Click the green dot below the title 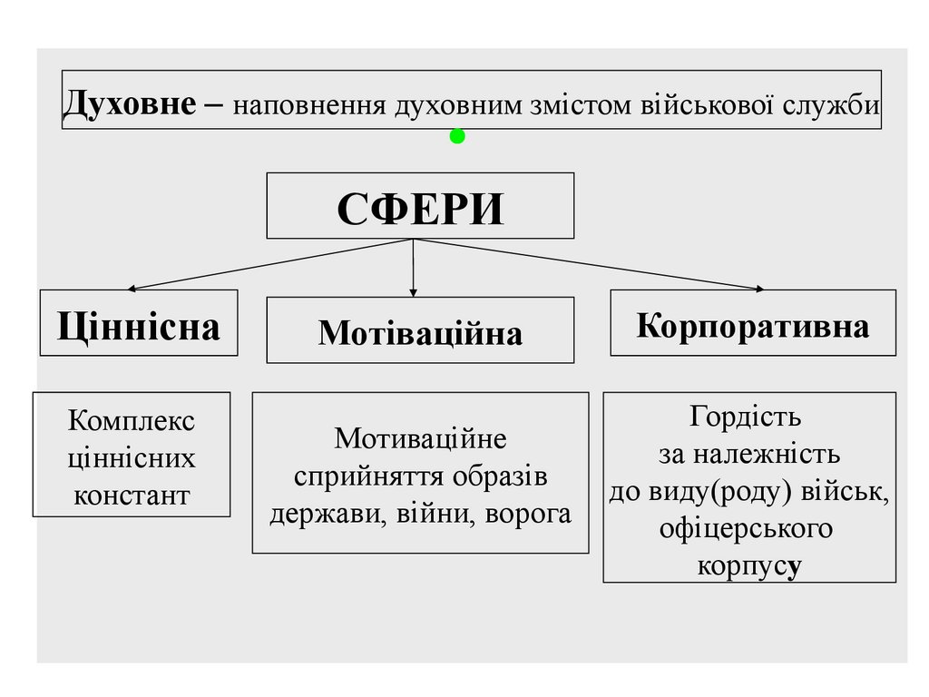coord(457,137)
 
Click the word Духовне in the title coord(128,105)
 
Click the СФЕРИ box coord(419,206)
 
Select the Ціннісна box coord(138,323)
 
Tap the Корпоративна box coord(752,324)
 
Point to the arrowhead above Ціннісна coord(132,289)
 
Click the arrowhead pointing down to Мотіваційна coord(414,292)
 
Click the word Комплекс coord(132,422)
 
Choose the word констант coord(132,496)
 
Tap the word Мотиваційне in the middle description coord(420,439)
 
